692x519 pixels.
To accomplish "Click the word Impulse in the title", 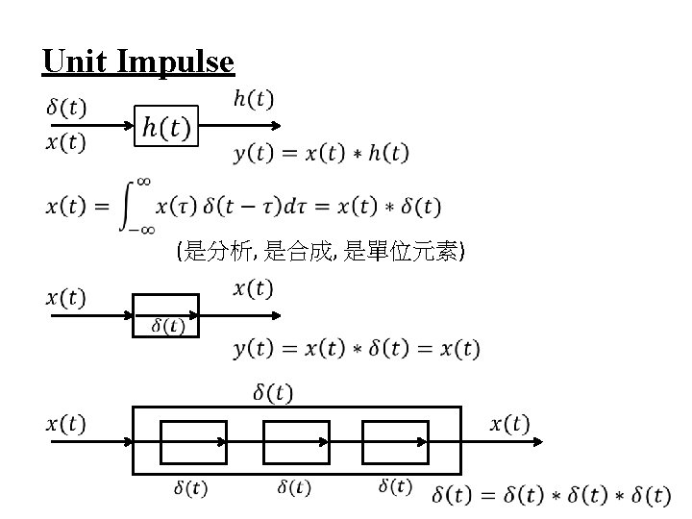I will click(176, 62).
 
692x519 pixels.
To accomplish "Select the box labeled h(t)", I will click(165, 125).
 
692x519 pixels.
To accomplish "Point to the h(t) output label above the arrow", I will click(253, 99).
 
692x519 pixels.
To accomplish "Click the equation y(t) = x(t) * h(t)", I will click(320, 153).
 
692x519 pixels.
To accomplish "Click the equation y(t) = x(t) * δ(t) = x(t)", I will click(357, 348).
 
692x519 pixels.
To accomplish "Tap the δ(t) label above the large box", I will click(274, 392).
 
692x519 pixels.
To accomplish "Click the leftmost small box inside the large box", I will click(193, 443).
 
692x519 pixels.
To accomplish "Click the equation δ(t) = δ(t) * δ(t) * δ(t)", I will click(551, 496).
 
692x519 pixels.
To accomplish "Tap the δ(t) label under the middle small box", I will click(295, 487).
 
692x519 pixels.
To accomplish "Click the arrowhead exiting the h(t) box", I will click(277, 125).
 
